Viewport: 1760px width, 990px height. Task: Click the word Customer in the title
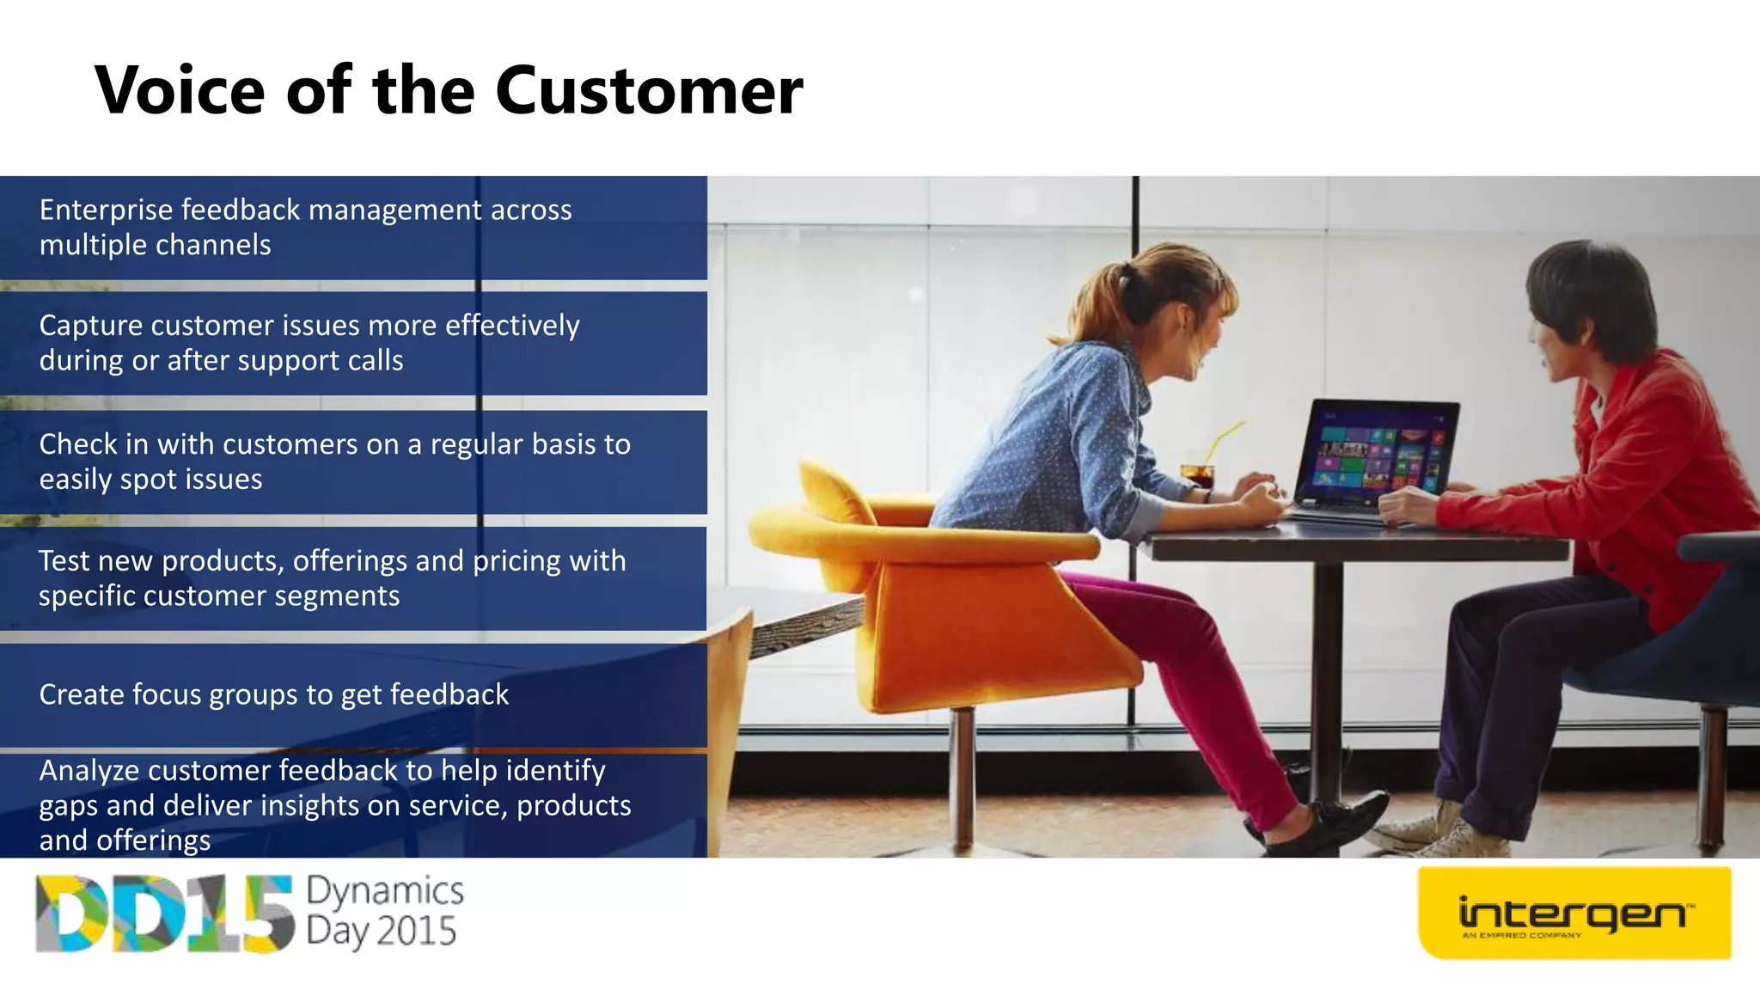tap(649, 90)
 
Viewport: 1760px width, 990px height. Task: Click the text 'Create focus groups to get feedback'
tap(273, 694)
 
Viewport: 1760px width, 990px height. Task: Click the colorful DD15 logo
tap(163, 914)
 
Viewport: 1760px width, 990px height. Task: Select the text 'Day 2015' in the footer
tap(381, 932)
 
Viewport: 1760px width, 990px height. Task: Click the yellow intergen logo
tap(1574, 914)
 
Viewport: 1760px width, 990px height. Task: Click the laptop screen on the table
tap(1378, 449)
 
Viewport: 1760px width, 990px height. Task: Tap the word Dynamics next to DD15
tap(384, 891)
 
